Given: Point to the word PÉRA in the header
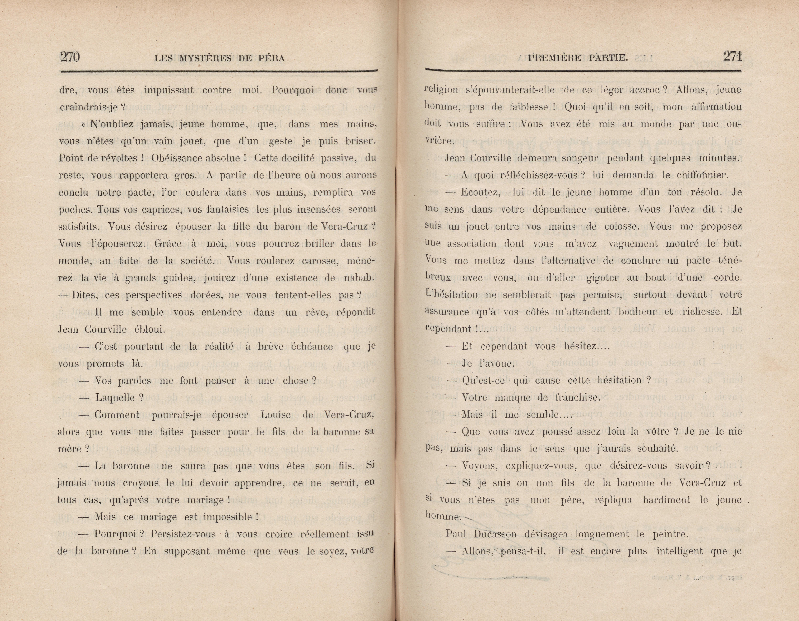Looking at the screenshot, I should click(x=272, y=58).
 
